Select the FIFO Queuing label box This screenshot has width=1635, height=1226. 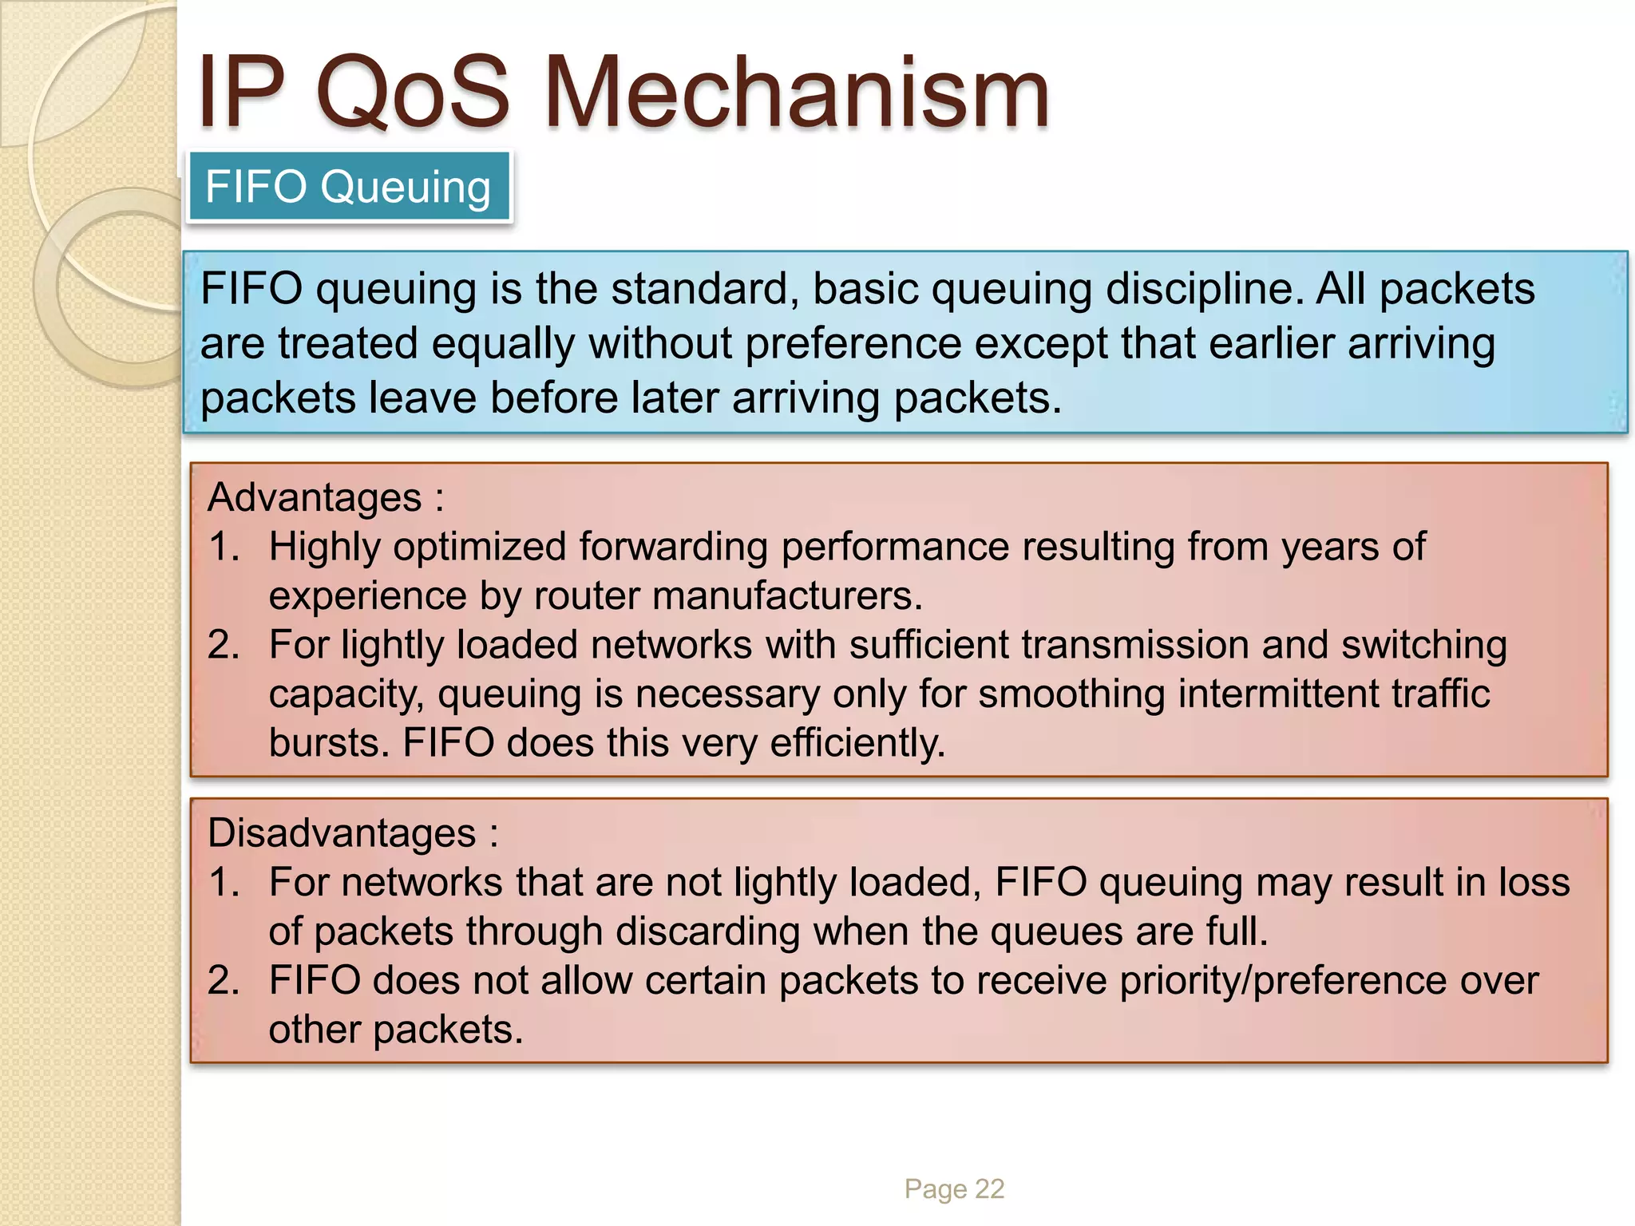(349, 187)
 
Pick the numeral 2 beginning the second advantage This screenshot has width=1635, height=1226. (223, 645)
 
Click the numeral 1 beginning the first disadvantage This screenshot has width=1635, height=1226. (223, 883)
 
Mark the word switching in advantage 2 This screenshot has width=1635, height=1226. (1423, 645)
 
